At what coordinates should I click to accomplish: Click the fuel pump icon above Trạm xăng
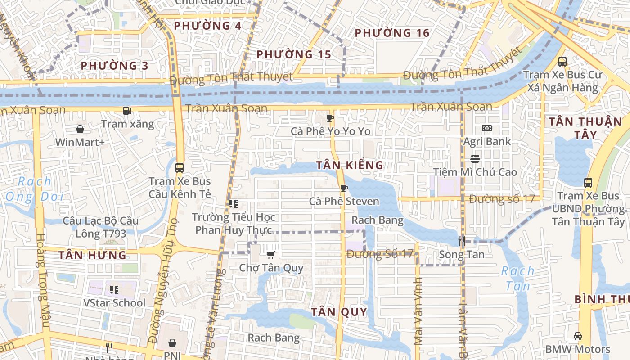pyautogui.click(x=127, y=110)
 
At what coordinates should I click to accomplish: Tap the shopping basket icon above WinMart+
pyautogui.click(x=80, y=130)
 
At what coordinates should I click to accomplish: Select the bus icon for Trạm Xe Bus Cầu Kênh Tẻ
pyautogui.click(x=180, y=168)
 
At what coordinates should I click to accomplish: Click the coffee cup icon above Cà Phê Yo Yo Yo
pyautogui.click(x=330, y=118)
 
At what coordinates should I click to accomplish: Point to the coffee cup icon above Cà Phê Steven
pyautogui.click(x=344, y=188)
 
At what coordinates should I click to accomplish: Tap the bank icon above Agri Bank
pyautogui.click(x=487, y=128)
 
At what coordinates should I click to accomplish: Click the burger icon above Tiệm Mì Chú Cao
pyautogui.click(x=475, y=159)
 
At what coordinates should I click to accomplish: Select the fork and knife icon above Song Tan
pyautogui.click(x=461, y=241)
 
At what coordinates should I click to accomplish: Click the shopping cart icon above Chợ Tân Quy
pyautogui.click(x=270, y=255)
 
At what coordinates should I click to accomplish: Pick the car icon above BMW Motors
pyautogui.click(x=577, y=336)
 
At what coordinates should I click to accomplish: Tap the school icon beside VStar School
pyautogui.click(x=114, y=289)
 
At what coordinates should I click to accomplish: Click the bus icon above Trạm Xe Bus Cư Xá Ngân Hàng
pyautogui.click(x=562, y=62)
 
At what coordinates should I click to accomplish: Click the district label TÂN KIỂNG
pyautogui.click(x=350, y=165)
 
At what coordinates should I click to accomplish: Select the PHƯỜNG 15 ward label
pyautogui.click(x=294, y=55)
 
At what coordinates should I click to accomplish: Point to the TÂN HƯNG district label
pyautogui.click(x=92, y=256)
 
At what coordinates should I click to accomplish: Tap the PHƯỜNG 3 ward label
pyautogui.click(x=114, y=66)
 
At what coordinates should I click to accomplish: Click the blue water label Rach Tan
pyautogui.click(x=517, y=278)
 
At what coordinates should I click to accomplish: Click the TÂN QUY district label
pyautogui.click(x=339, y=312)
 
